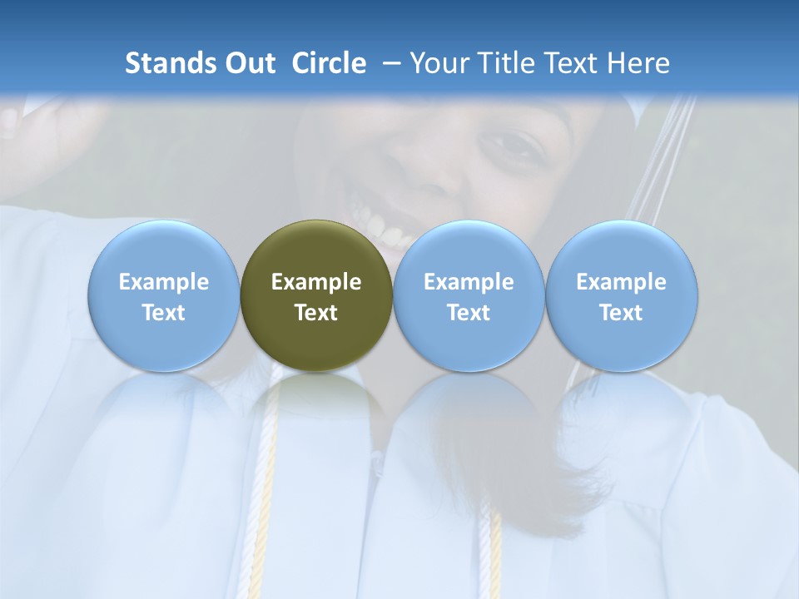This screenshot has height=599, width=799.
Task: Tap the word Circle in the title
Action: (329, 63)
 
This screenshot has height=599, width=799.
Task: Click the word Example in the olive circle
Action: (316, 282)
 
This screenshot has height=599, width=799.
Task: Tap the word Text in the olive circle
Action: (316, 313)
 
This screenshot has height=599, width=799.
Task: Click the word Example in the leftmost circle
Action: (163, 282)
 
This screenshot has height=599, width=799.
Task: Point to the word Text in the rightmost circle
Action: (622, 313)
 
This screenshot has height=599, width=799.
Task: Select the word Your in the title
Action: (441, 63)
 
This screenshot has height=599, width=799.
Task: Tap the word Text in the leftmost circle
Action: (163, 313)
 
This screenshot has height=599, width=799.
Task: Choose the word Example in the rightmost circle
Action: (622, 282)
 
